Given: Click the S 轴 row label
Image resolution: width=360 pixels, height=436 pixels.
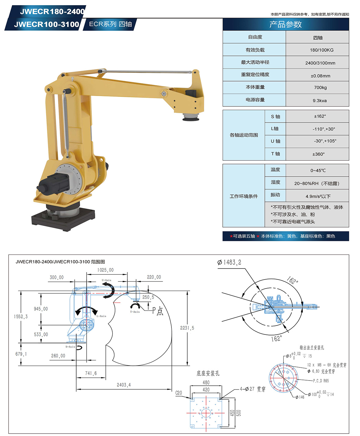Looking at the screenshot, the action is (x=275, y=116).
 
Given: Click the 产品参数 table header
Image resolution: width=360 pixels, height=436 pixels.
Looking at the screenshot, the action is (x=286, y=24).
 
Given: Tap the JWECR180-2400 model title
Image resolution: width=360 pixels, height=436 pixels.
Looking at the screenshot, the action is (x=52, y=12).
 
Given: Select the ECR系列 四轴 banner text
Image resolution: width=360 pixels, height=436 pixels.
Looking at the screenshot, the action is (x=110, y=24).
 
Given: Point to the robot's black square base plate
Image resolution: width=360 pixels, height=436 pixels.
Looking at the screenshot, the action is (x=63, y=219).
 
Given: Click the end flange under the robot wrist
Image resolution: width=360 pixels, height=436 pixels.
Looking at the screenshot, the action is (x=191, y=117).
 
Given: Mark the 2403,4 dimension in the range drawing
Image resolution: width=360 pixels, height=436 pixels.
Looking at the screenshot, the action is (x=124, y=385).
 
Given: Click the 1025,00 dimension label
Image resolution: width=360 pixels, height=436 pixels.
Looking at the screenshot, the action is (x=105, y=270).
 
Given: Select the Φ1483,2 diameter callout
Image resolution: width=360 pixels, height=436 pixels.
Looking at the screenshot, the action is (x=229, y=262).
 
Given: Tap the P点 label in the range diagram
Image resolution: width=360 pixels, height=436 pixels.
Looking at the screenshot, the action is (x=157, y=311).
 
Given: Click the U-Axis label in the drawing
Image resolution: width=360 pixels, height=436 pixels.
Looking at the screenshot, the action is (x=106, y=280).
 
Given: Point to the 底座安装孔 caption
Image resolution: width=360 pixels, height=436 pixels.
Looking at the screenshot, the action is (x=208, y=373).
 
